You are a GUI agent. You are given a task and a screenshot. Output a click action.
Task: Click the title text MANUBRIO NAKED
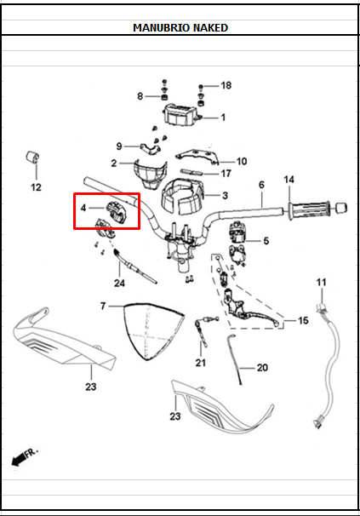[x=180, y=27]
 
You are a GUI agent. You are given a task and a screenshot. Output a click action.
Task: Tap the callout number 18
[x=226, y=86]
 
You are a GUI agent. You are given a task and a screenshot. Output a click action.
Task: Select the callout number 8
[x=140, y=96]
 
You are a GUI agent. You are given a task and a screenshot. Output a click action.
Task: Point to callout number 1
[x=223, y=118]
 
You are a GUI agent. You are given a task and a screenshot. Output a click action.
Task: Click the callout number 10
[x=241, y=161]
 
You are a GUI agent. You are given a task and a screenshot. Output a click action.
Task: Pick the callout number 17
[x=226, y=174]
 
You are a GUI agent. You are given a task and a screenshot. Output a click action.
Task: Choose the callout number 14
[x=289, y=180]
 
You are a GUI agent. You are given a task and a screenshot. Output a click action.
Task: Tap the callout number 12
[x=36, y=186]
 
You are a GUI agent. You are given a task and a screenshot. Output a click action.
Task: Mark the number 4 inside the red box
[x=83, y=208]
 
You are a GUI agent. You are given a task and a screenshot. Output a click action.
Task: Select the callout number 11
[x=321, y=282]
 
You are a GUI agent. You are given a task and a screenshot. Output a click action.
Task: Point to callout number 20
[x=262, y=368]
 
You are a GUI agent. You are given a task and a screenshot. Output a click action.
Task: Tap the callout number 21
[x=200, y=363]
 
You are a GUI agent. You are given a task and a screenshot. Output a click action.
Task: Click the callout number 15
[x=302, y=321]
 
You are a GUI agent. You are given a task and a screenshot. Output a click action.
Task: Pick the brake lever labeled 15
[x=255, y=312]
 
